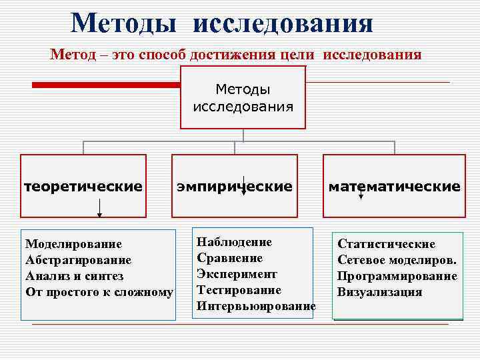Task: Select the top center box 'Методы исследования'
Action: point(243,97)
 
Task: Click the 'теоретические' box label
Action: point(83,186)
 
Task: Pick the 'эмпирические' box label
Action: point(234,186)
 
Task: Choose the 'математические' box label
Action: point(394,186)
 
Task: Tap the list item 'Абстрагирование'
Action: point(78,260)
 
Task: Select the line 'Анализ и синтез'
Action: point(74,276)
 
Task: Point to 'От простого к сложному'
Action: point(99,292)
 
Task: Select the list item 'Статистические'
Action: point(387,244)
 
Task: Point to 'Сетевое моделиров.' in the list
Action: point(397,260)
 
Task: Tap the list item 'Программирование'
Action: point(397,276)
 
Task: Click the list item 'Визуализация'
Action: point(380,292)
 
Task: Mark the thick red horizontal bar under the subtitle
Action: point(107,85)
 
